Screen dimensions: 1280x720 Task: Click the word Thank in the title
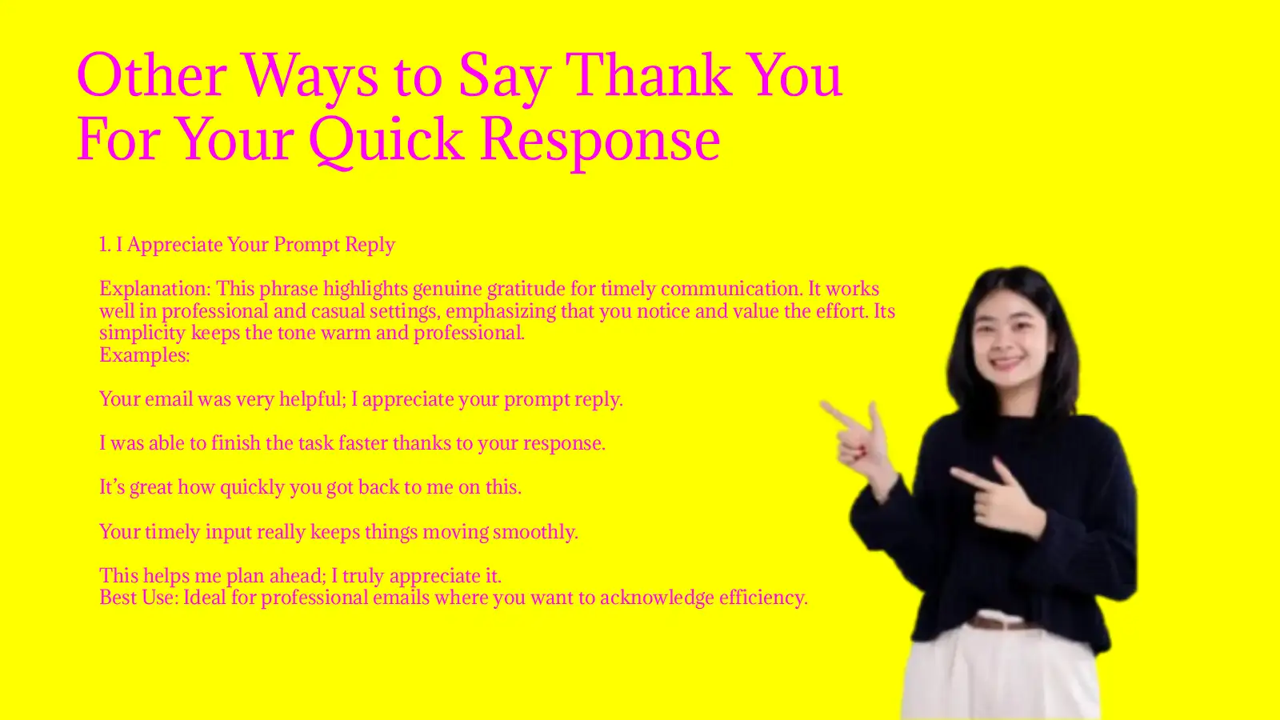pos(651,75)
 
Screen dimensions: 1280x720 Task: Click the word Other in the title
pos(152,75)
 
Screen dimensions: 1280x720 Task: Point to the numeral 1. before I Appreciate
pos(105,245)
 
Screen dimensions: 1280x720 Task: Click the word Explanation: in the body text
pos(155,289)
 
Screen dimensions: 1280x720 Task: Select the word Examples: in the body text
pos(145,355)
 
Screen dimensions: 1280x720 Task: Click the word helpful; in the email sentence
pos(313,399)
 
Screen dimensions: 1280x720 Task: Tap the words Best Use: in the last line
pos(139,598)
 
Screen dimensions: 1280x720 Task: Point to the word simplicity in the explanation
pos(142,333)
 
